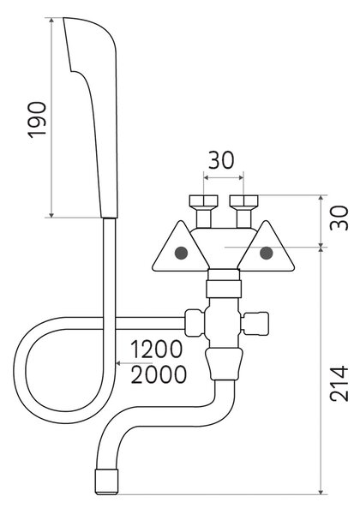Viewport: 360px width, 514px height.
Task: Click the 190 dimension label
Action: [x=37, y=120]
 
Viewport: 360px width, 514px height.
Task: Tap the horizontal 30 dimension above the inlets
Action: [x=221, y=160]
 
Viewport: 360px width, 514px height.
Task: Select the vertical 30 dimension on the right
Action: [x=339, y=218]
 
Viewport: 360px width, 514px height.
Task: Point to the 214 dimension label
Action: [x=339, y=383]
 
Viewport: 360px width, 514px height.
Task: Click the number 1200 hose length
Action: [x=156, y=349]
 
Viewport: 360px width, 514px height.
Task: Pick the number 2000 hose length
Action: [x=159, y=374]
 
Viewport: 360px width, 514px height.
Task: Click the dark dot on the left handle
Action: [x=181, y=253]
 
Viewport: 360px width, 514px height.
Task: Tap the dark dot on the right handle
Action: [x=266, y=253]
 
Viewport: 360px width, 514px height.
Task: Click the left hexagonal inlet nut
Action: [x=204, y=201]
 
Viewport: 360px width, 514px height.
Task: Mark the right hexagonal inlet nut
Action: [x=244, y=201]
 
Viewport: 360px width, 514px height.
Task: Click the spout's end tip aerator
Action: [x=106, y=481]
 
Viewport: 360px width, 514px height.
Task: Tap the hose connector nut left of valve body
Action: [x=195, y=323]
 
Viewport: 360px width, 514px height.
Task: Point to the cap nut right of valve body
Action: [x=255, y=324]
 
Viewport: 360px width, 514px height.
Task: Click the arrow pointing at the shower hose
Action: [x=133, y=363]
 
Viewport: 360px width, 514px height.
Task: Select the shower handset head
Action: [x=90, y=117]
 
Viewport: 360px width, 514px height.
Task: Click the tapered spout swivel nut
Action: [x=225, y=364]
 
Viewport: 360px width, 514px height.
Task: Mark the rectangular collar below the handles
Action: [x=224, y=289]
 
